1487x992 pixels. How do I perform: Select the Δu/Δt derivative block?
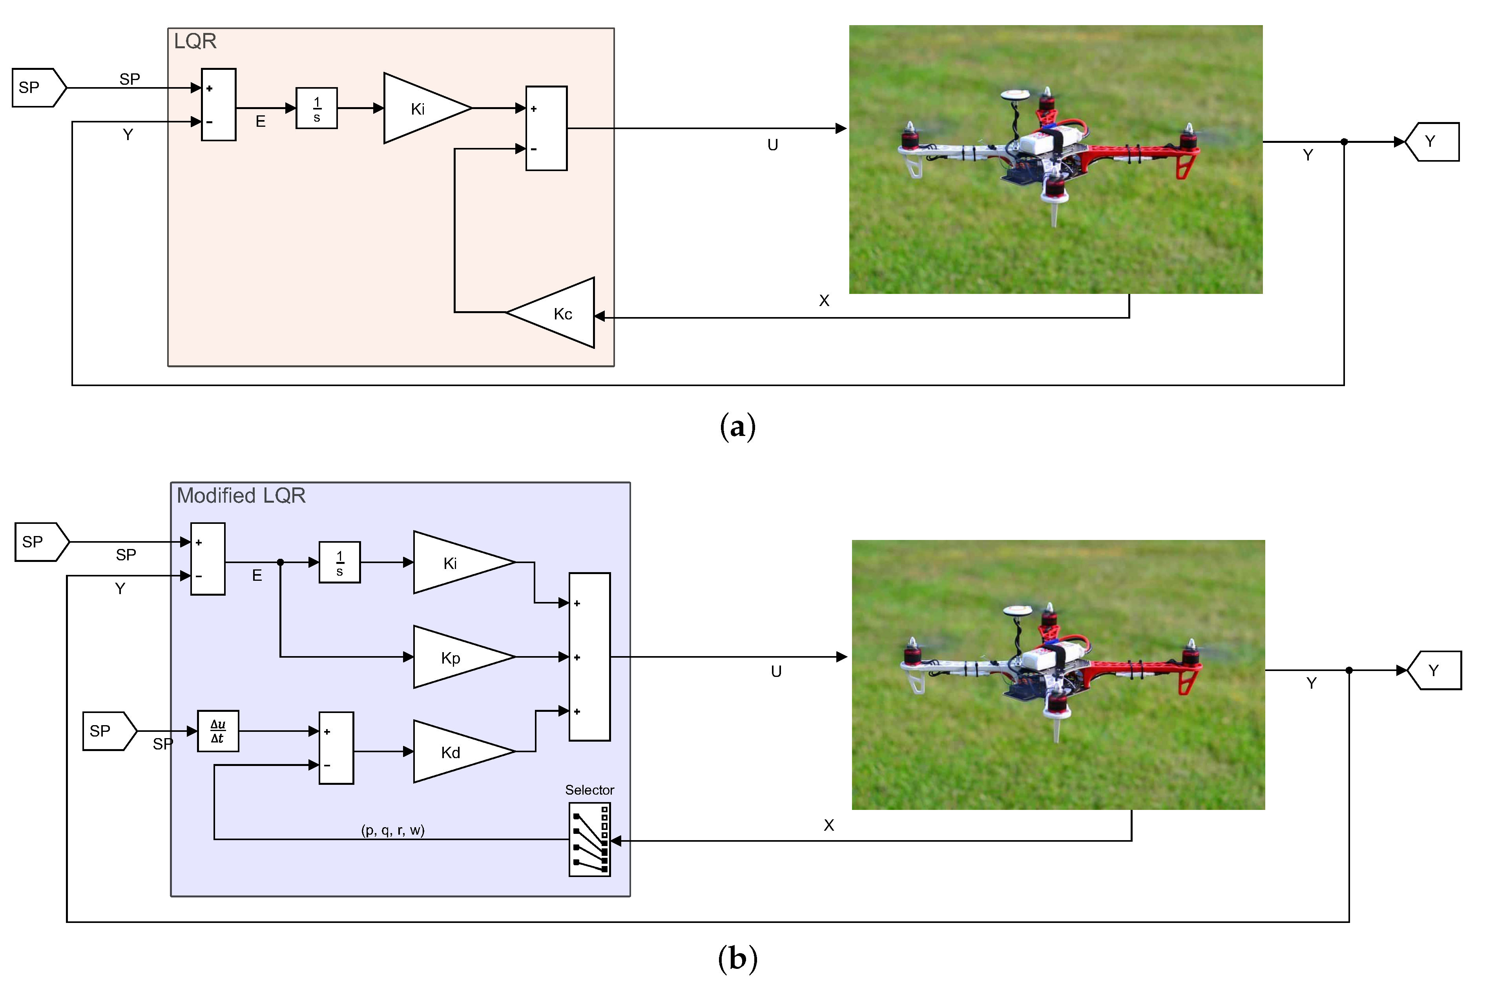(218, 731)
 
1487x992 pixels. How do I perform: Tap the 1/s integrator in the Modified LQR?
(340, 562)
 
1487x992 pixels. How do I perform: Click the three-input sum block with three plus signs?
(590, 657)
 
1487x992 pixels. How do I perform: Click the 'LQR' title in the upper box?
(195, 41)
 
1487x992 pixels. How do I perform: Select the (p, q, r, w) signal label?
(393, 830)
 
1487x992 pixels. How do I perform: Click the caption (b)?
(738, 959)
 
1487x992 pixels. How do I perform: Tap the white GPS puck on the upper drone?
(1015, 95)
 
